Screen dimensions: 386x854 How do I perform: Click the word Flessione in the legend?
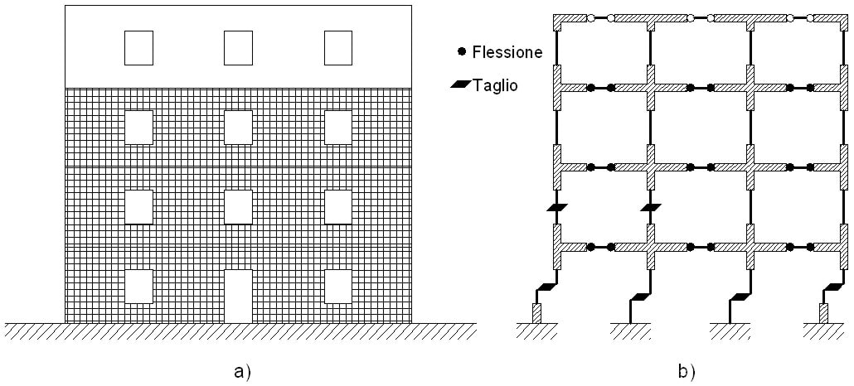[507, 52]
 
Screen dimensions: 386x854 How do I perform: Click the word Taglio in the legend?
[495, 84]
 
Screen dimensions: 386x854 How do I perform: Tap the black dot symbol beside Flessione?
[462, 52]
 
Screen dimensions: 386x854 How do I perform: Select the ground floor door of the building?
[238, 296]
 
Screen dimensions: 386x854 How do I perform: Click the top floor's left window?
[138, 48]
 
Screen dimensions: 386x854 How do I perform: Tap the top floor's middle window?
[238, 48]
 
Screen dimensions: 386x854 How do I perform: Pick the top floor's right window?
[337, 48]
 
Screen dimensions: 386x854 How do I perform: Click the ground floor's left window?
[138, 287]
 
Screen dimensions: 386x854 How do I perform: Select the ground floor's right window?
[337, 287]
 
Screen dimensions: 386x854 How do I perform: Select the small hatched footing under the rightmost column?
[823, 313]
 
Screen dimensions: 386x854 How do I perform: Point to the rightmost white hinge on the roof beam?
[810, 18]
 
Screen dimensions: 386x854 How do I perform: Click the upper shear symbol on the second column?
[651, 207]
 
